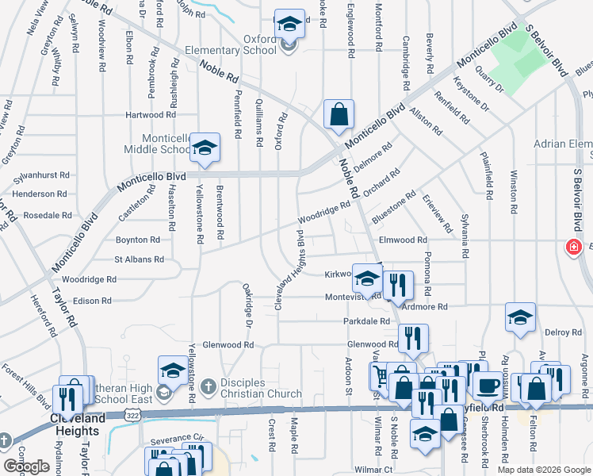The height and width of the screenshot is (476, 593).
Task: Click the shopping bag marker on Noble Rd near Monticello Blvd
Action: (339, 113)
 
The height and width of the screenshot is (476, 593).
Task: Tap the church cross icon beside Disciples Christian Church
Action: (208, 387)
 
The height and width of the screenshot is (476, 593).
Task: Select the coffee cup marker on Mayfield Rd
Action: (487, 386)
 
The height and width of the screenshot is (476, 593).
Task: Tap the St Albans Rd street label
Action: (139, 259)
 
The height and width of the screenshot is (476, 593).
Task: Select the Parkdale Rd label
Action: (366, 321)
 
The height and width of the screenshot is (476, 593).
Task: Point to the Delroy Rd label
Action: (557, 332)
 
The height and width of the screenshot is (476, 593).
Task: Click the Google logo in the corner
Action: (26, 466)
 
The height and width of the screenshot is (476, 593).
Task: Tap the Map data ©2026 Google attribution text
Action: (543, 470)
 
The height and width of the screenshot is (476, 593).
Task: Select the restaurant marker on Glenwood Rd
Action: (412, 338)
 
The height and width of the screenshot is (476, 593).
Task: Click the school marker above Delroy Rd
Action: (520, 318)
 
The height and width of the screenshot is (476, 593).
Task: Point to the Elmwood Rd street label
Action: (403, 240)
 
